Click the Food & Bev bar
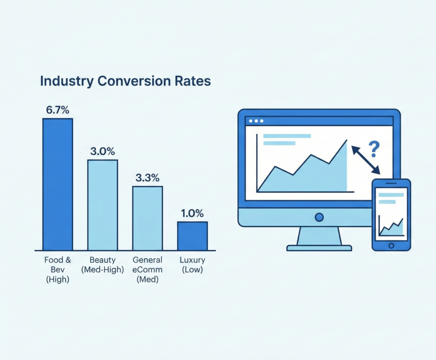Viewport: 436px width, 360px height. (57, 184)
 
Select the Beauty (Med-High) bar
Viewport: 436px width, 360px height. (103, 205)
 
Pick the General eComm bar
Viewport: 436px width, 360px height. (147, 218)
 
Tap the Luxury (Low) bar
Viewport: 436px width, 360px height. (192, 236)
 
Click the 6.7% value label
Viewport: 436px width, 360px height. (57, 110)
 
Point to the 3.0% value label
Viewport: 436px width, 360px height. (103, 151)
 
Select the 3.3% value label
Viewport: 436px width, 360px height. (147, 178)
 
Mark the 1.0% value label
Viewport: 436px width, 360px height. (192, 213)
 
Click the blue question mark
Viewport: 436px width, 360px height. (373, 149)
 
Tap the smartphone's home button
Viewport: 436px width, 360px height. (391, 246)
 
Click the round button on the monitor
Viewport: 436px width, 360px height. (319, 217)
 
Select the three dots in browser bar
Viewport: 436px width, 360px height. (256, 121)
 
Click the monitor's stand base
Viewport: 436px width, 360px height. (319, 248)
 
